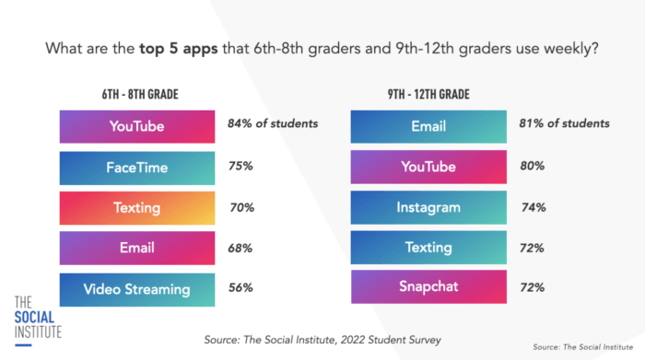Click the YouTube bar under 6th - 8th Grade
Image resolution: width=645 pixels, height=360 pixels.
137,126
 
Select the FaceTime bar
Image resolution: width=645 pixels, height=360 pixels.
137,168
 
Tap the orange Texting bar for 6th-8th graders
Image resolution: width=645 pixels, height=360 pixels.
137,208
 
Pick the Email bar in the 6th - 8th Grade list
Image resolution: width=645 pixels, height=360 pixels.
137,248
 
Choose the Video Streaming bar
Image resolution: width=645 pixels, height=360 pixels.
137,289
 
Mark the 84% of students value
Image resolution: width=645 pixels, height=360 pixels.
273,123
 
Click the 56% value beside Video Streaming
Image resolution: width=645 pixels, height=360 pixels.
241,287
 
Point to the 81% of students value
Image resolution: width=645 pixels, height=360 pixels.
563,123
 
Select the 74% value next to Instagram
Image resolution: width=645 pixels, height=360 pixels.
533,207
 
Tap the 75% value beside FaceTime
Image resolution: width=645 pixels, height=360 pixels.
241,168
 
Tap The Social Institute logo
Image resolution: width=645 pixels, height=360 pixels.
38,316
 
